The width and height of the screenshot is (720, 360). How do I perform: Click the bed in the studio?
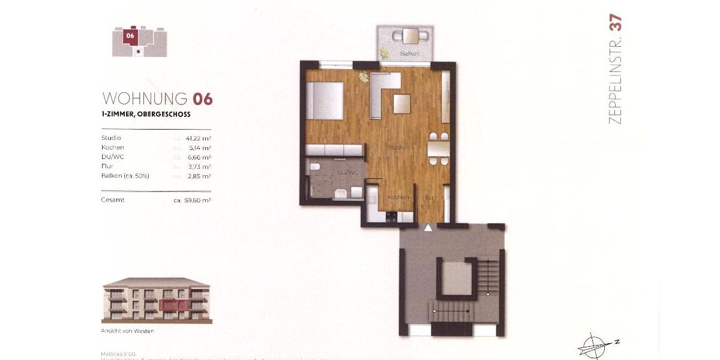coord(325,100)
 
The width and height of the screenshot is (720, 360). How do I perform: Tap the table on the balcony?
coord(411,36)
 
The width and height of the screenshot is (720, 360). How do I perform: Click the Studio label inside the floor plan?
coord(396,147)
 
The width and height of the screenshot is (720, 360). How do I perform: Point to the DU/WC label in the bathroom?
coord(348,173)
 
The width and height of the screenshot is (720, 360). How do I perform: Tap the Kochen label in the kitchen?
coord(398,197)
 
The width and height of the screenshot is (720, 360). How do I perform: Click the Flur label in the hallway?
coord(428,197)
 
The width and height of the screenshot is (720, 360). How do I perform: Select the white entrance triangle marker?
coord(428,228)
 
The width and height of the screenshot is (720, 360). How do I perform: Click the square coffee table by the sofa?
coord(402,104)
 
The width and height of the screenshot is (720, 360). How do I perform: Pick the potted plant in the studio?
coord(364,76)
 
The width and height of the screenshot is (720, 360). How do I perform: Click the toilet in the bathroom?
coord(340,193)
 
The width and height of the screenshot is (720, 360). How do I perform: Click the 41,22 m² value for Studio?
coord(198,138)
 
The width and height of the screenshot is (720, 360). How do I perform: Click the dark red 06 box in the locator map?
coord(130,35)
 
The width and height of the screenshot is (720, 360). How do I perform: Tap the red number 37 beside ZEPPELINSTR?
coord(616,22)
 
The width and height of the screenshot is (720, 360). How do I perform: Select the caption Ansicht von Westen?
coord(127,331)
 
